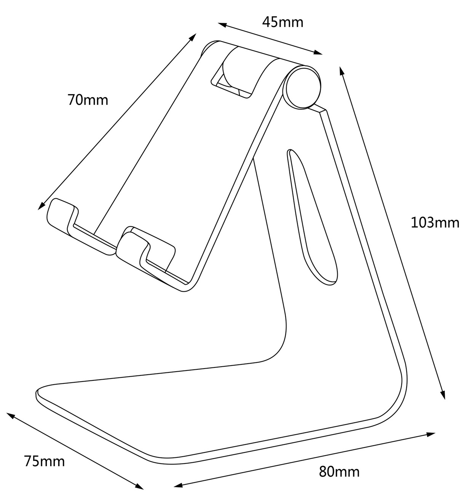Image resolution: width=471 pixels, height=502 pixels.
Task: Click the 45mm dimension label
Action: (x=283, y=22)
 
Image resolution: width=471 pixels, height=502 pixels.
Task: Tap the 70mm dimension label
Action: (x=88, y=100)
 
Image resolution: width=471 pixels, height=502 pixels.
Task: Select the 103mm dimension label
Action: (x=435, y=223)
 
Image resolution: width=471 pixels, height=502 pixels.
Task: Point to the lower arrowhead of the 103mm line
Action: (x=443, y=395)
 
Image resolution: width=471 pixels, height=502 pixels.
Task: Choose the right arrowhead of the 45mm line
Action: (x=318, y=52)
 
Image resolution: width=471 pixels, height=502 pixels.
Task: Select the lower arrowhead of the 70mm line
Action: (x=41, y=206)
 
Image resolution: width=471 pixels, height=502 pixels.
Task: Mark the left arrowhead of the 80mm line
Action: (x=178, y=486)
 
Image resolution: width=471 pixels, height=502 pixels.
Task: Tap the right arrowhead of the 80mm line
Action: (x=431, y=435)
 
